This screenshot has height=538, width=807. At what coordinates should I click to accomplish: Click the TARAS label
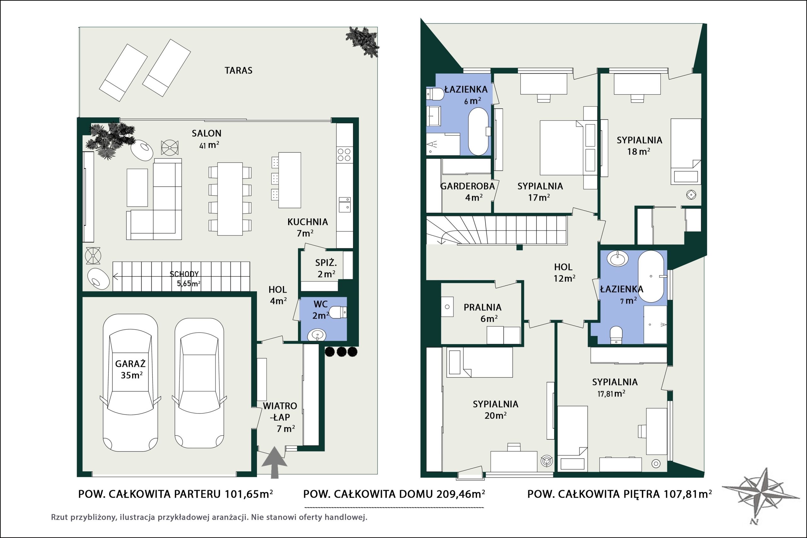[x=238, y=70]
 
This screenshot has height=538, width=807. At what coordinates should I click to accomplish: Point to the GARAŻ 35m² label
[x=131, y=369]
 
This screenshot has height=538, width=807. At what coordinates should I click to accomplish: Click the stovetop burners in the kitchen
[x=344, y=154]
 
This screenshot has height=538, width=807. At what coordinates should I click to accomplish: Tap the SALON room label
[x=206, y=133]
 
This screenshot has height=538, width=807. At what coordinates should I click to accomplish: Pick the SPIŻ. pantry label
[x=326, y=263]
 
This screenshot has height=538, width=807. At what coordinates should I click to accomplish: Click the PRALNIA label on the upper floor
[x=482, y=307]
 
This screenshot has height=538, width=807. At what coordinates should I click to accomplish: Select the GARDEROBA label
[x=467, y=186]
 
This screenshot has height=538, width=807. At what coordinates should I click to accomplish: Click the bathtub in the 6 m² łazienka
[x=478, y=132]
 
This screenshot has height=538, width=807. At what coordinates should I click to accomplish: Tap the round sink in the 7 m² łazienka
[x=618, y=258]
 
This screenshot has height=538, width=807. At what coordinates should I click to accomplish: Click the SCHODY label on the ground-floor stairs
[x=184, y=274]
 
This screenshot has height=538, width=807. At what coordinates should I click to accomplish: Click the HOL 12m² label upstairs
[x=564, y=272]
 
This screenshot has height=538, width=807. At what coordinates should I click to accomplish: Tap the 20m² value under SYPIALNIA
[x=496, y=416]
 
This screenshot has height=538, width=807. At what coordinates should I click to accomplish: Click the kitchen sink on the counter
[x=344, y=205]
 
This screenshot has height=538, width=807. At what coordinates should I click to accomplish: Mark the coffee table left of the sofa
[x=137, y=187]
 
